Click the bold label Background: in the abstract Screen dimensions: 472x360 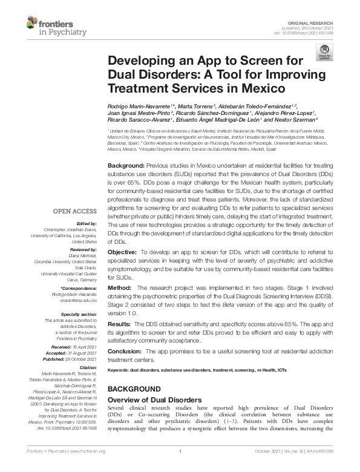pos(126,165)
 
